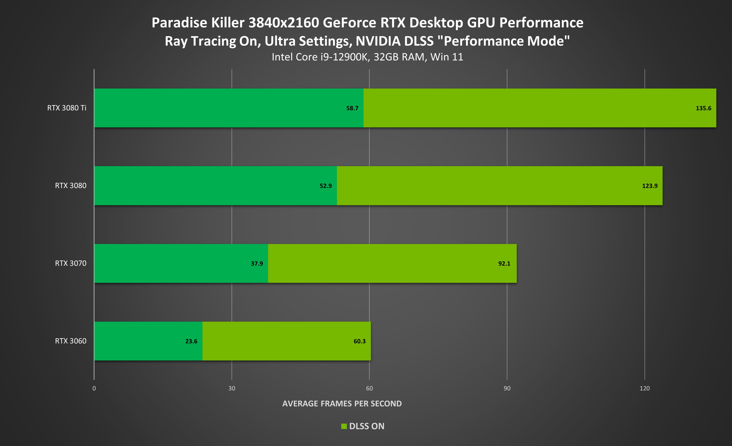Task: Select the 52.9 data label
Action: (326, 186)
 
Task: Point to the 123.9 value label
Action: (650, 186)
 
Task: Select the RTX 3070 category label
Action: (70, 263)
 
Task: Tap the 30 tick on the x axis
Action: (232, 388)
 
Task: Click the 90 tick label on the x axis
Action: (507, 388)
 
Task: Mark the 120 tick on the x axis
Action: (644, 388)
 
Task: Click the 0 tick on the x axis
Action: (94, 388)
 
